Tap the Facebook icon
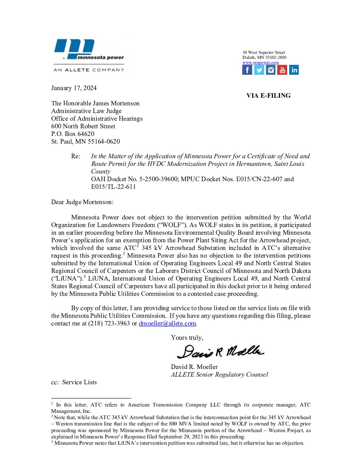pos(247,70)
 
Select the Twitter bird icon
pos(259,70)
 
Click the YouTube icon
pos(282,70)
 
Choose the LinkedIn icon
pos(294,70)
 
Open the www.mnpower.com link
pos(261,62)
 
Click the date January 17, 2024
pos(74,88)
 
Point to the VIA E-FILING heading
pos(268,96)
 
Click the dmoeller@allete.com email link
pos(167,323)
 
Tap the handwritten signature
pos(220,352)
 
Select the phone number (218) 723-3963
pos(109,323)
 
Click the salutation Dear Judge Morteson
pos(82,202)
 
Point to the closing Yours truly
pos(187,338)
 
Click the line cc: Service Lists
pos(74,382)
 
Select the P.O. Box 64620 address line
pos(73,134)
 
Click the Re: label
pos(76,156)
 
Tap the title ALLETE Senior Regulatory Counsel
pos(219,375)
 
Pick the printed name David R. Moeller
pos(194,367)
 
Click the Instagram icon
pos(271,70)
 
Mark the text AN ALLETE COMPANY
pos(89,70)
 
